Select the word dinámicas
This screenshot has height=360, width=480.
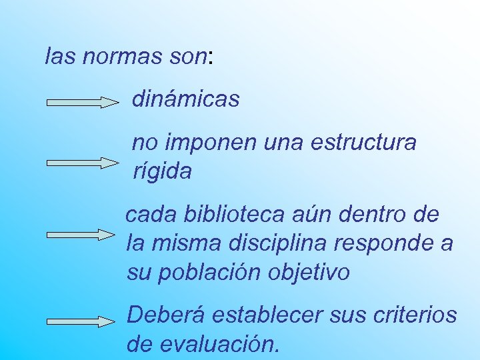(x=185, y=100)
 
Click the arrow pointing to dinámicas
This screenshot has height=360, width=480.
(x=81, y=102)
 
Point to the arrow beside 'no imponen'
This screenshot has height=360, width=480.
(x=81, y=163)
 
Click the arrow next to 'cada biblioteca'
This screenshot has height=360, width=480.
(x=81, y=235)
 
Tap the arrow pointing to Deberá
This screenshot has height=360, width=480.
(x=81, y=321)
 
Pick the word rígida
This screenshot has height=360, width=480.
(x=163, y=171)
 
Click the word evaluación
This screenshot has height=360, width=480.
(x=215, y=343)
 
